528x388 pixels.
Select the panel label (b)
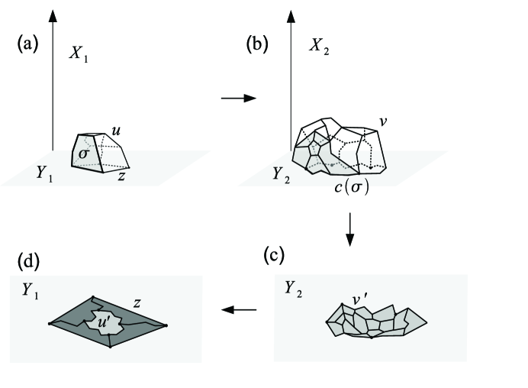tap(256, 44)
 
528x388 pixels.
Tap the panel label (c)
tap(275, 255)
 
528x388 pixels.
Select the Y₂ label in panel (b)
tap(281, 173)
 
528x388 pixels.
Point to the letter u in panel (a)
tap(118, 132)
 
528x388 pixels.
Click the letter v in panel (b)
tap(384, 120)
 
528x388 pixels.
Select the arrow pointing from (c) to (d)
tap(239, 309)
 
